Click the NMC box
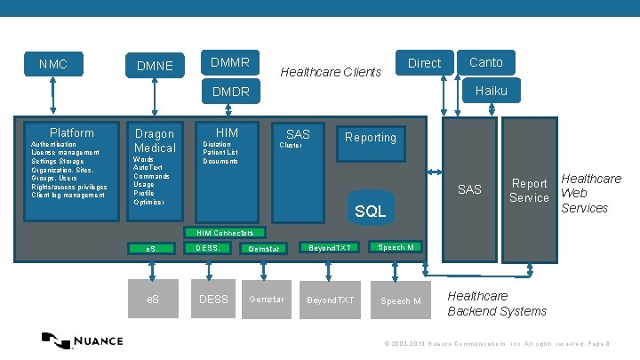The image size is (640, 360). click(54, 64)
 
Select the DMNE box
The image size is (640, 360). click(155, 65)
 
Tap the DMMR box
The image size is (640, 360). click(230, 62)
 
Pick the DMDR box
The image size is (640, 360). click(230, 91)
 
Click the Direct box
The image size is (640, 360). click(424, 62)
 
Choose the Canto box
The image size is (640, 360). click(485, 61)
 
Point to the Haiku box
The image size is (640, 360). click(491, 90)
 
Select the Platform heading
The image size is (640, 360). click(71, 132)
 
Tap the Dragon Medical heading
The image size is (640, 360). click(155, 140)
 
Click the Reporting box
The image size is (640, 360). click(371, 138)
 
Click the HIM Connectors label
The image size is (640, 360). click(225, 233)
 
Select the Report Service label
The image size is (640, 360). click(529, 191)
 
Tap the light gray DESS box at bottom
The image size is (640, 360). click(213, 300)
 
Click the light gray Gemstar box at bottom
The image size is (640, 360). click(267, 300)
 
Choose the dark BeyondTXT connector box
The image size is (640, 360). click(331, 247)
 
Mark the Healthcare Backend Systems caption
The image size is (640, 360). click(496, 303)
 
